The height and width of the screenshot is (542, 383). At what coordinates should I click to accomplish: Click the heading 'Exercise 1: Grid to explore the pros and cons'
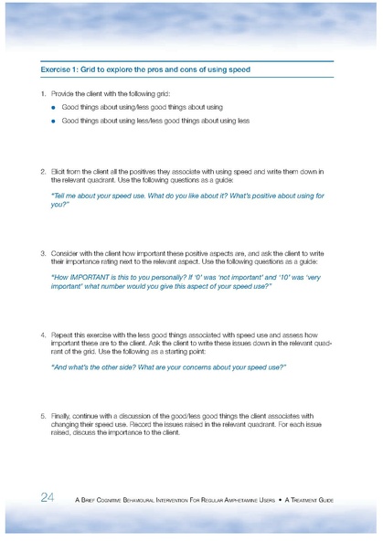coord(145,69)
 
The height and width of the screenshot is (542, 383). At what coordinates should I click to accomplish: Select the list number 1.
coord(43,95)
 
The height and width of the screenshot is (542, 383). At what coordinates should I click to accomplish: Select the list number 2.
coord(43,171)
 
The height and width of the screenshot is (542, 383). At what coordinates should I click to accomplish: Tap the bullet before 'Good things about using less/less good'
coord(54,121)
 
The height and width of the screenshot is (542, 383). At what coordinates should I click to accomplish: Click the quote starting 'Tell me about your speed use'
coord(186,200)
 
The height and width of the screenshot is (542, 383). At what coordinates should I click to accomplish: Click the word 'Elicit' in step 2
coord(59,171)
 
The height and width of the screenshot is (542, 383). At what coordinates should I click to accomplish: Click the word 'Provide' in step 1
coord(64,95)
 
